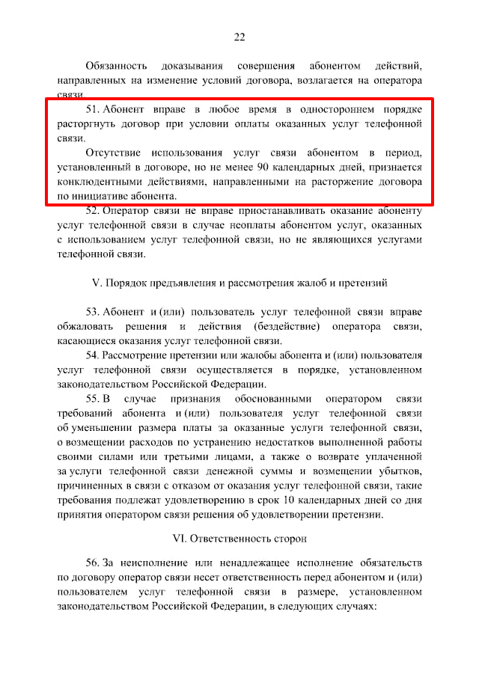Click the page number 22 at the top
click(239, 37)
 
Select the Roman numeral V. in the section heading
click(95, 283)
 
